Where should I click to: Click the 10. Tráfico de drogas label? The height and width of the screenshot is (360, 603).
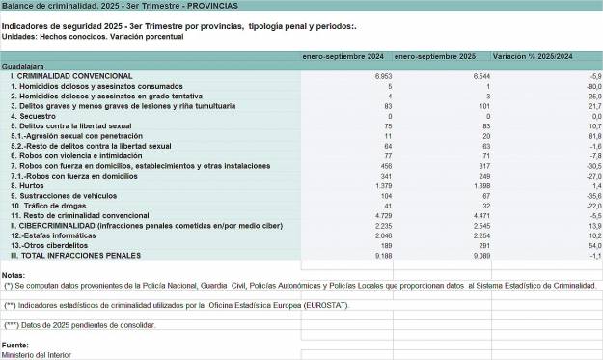(47, 207)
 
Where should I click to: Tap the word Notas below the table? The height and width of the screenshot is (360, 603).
(14, 275)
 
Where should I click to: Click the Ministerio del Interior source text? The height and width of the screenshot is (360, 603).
(36, 354)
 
